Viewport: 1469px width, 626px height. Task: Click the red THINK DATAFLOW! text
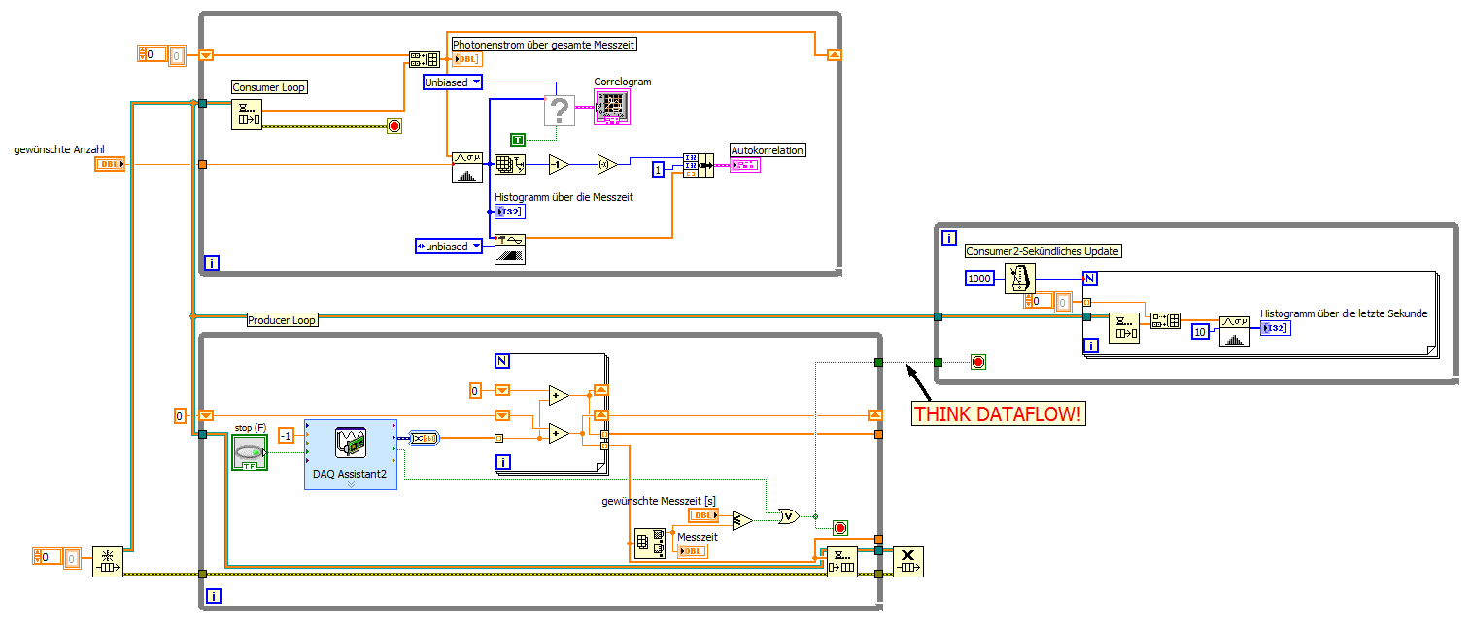(998, 414)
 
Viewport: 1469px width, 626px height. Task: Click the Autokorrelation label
(768, 150)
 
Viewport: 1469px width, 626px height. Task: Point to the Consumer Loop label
(269, 87)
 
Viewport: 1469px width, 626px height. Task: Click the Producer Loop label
(282, 320)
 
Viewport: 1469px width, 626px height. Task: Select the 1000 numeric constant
(980, 279)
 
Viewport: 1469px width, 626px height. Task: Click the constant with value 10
(1202, 332)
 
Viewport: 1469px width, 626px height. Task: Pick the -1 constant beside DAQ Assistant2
(286, 435)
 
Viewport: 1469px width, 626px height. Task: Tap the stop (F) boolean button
(249, 452)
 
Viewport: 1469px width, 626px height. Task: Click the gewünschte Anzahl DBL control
(110, 164)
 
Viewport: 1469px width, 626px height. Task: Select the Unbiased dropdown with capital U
(453, 82)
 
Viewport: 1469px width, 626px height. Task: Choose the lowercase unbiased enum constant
(448, 247)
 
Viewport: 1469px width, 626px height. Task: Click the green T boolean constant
(519, 140)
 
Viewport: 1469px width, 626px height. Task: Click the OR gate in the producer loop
(788, 516)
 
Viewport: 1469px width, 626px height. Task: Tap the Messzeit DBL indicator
(693, 551)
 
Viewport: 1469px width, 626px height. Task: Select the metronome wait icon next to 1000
(1021, 279)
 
